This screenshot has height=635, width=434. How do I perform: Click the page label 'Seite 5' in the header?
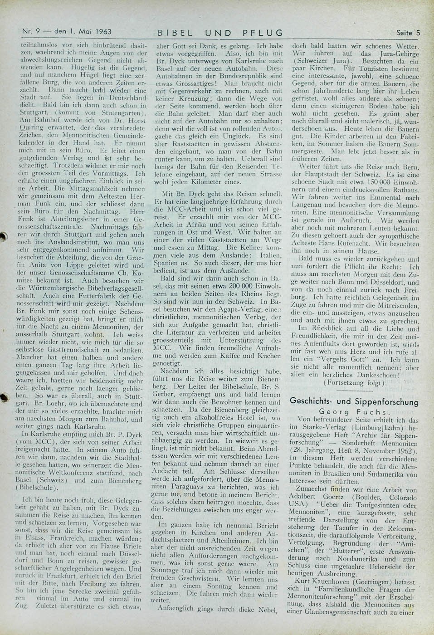408,33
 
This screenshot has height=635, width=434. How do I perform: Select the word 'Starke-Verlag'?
328,427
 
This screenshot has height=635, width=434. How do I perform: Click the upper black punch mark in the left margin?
6,236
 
